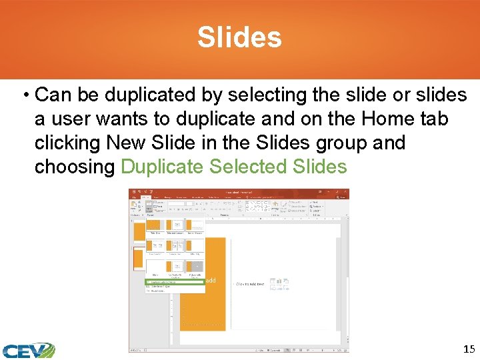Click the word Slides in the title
(x=239, y=38)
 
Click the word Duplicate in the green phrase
(x=163, y=167)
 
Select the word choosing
(x=75, y=167)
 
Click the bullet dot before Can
(x=25, y=95)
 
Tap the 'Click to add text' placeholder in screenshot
(x=250, y=284)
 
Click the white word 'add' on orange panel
(x=211, y=281)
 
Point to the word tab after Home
(x=434, y=119)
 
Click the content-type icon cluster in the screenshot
(x=279, y=283)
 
